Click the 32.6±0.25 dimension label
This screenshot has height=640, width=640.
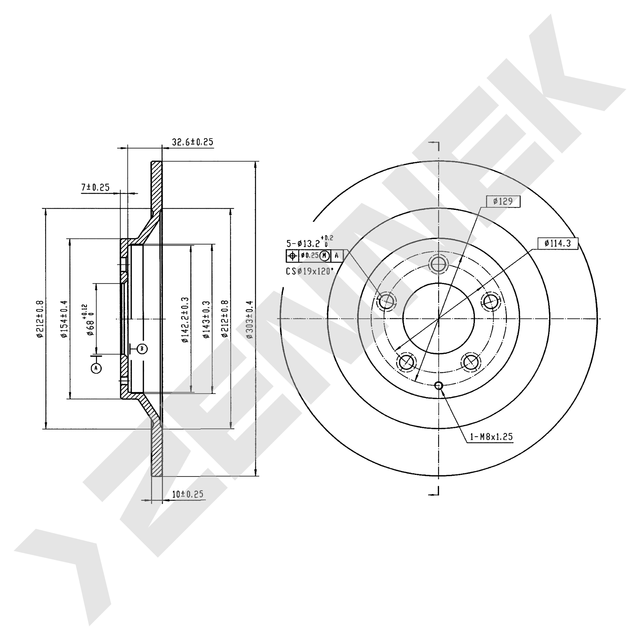coord(193,142)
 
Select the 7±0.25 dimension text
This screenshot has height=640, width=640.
coord(95,187)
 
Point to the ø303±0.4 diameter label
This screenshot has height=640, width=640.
coord(250,319)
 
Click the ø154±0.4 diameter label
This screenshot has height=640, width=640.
coord(64,319)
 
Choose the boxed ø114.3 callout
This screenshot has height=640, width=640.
coord(558,243)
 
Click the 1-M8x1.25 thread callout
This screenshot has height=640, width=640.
coord(491,436)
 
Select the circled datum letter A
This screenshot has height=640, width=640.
coord(96,368)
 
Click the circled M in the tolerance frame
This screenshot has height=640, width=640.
coord(325,256)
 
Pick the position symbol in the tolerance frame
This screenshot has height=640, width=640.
coord(292,256)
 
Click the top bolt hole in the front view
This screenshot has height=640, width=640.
coord(439,264)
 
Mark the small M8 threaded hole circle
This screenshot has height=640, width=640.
coord(439,385)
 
